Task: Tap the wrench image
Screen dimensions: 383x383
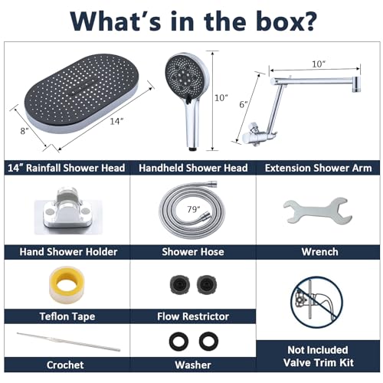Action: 318,211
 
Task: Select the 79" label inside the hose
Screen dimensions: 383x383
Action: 194,209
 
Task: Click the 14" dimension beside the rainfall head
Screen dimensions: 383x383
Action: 116,121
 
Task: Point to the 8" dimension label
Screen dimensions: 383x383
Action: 25,131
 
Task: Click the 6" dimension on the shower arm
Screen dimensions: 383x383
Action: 244,104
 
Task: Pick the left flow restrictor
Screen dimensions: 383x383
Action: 180,284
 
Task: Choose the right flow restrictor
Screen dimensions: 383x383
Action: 207,284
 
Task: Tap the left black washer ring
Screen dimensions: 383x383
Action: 178,342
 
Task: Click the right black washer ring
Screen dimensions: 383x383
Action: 208,342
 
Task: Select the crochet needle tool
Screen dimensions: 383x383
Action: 68,342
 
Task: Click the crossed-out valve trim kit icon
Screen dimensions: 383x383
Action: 316,303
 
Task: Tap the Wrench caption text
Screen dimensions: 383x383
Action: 319,252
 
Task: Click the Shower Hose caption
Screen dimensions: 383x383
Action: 193,252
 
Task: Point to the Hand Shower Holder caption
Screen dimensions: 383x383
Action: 68,252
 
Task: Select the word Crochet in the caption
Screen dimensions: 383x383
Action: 65,365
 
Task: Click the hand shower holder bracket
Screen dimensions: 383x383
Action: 68,211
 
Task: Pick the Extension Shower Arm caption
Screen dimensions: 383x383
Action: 318,168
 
